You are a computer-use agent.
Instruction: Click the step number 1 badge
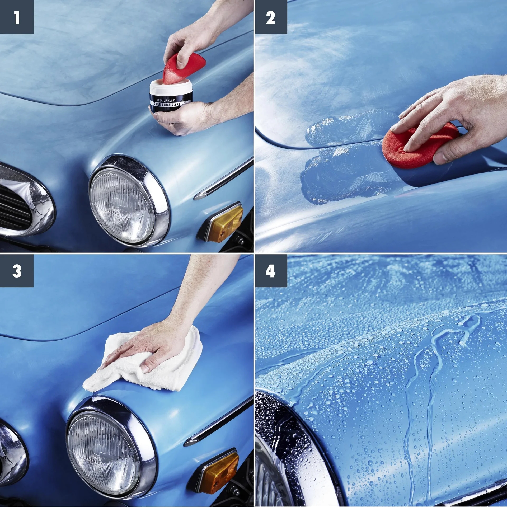17,17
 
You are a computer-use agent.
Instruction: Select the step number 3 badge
17,271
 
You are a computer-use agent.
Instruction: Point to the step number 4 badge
271,271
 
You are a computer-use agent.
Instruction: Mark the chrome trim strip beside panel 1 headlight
224,180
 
